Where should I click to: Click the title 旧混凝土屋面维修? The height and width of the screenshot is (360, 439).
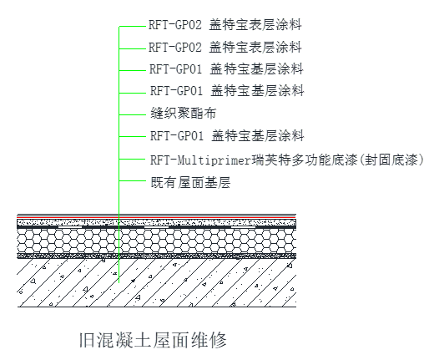153,340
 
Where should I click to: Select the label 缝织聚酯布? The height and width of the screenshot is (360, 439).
184,114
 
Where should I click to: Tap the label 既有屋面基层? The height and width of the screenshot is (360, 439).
190,182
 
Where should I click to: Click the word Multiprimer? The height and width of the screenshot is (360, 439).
214,160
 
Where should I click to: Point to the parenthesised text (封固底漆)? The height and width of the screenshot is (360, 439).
391,160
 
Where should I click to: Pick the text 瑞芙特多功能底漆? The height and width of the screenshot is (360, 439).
304,160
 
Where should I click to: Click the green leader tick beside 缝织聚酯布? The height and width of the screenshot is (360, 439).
133,114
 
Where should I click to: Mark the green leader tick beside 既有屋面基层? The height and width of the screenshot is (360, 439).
133,180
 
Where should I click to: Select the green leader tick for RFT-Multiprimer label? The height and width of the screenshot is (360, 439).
133,159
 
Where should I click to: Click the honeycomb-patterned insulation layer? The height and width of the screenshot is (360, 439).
157,241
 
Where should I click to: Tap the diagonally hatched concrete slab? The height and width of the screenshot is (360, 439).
157,282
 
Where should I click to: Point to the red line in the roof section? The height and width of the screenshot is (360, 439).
157,217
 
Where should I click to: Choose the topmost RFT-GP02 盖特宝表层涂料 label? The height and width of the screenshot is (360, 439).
225,25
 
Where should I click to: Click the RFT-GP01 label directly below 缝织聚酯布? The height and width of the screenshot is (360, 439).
227,136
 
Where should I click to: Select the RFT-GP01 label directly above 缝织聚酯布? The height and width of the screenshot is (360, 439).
227,91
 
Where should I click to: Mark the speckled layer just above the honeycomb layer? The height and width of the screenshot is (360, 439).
157,223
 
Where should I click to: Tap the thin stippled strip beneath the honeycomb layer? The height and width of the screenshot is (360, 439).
157,256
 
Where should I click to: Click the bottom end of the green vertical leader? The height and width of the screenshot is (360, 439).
119,282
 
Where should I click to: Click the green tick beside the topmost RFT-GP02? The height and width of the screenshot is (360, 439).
133,27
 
